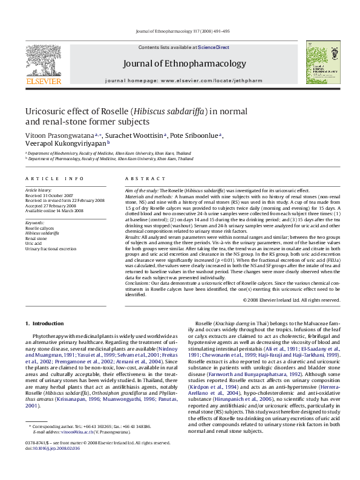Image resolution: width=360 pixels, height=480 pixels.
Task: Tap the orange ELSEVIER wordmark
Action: tap(43, 80)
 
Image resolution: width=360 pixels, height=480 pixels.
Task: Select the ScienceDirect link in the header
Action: tap(213, 47)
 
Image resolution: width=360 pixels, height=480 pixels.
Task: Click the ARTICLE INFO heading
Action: tap(54, 179)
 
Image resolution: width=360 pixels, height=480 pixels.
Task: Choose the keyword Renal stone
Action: tap(36, 239)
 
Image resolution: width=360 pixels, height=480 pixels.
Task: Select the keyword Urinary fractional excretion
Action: tap(51, 248)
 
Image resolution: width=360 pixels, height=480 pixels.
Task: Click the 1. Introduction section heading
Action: tap(47, 324)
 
